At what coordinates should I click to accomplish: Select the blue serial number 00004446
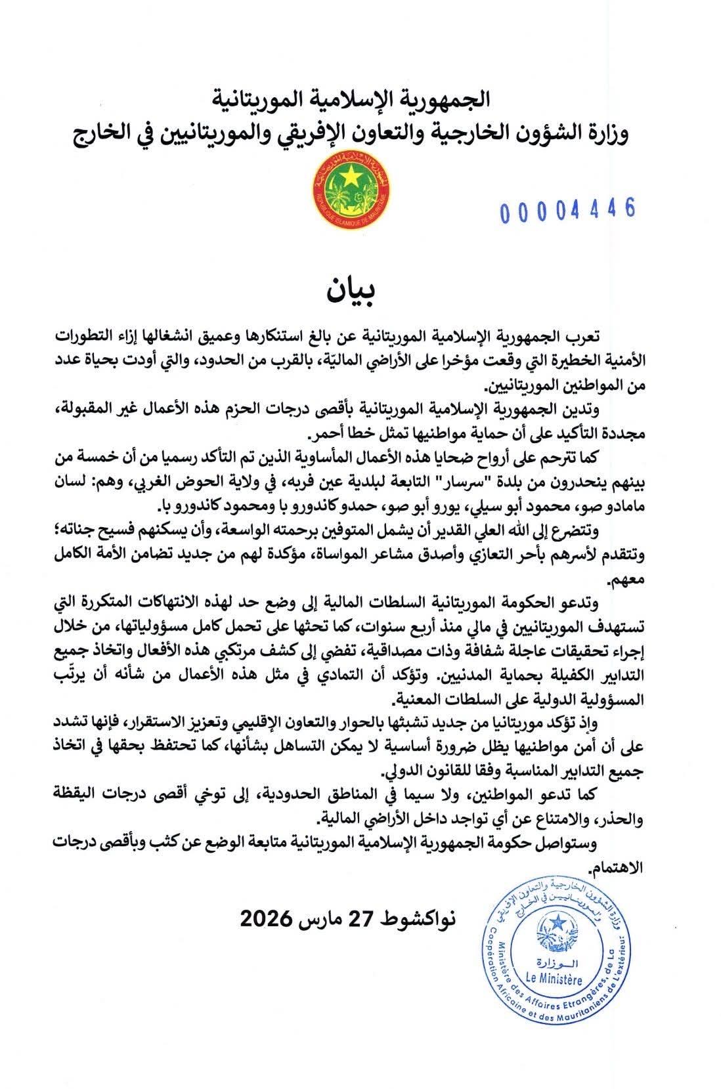coord(567,210)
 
